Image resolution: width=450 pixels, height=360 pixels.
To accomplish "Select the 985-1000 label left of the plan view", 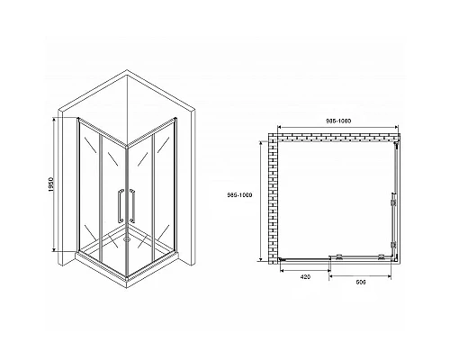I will (x=256, y=198).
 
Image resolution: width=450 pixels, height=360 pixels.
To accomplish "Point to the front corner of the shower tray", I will (x=126, y=267).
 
